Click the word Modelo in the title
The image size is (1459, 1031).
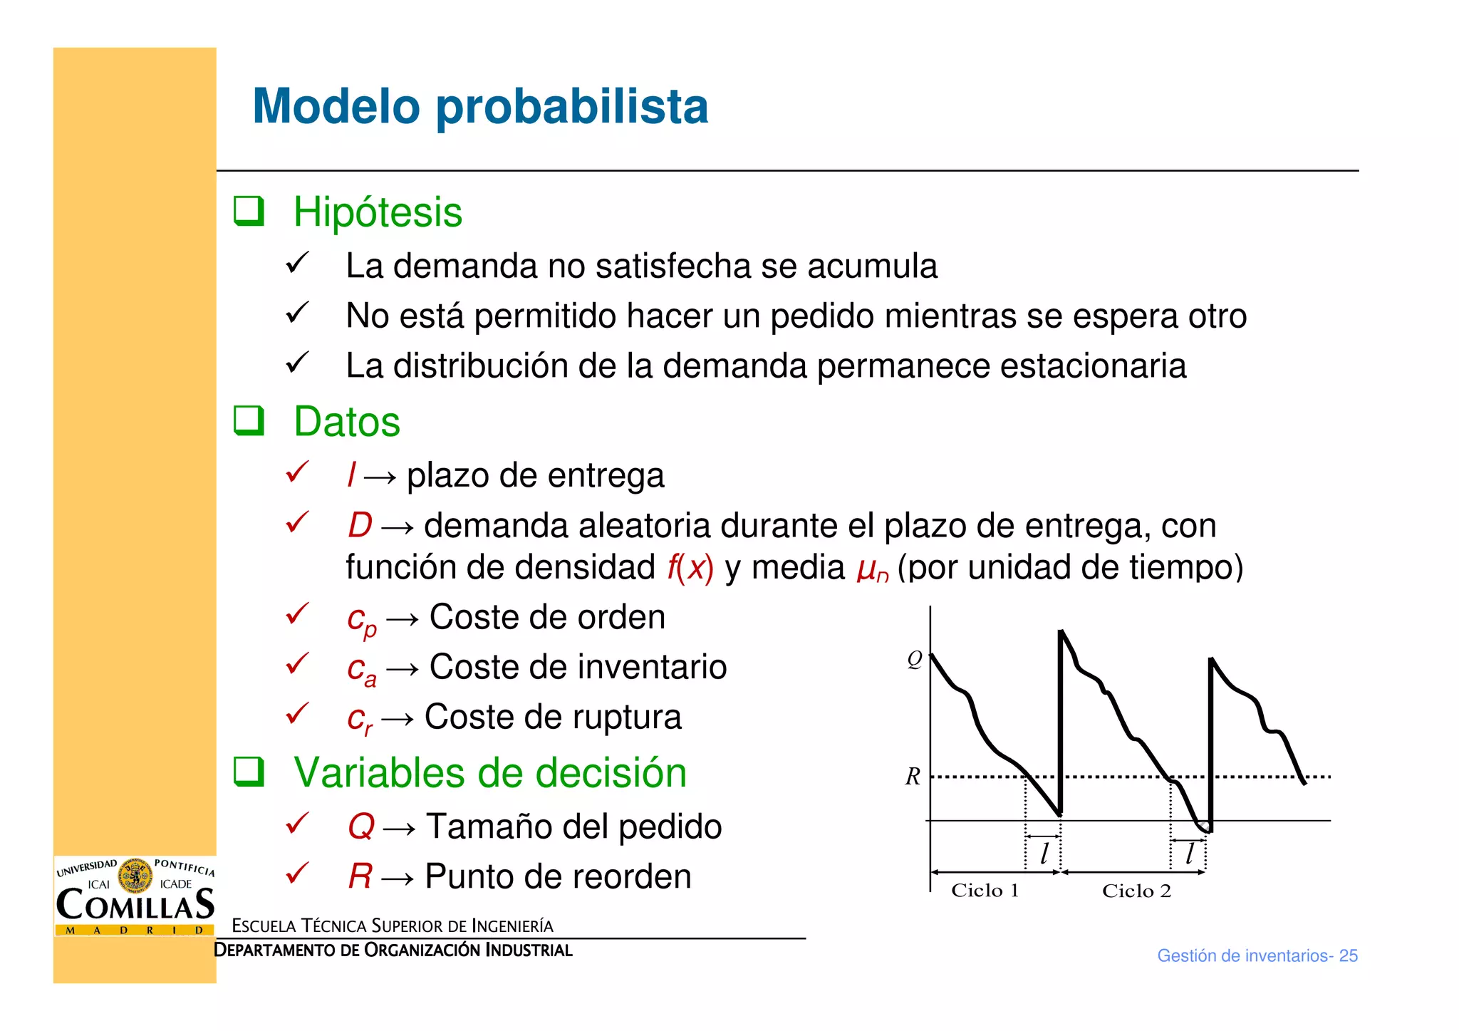pyautogui.click(x=336, y=107)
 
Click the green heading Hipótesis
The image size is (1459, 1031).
pyautogui.click(x=378, y=212)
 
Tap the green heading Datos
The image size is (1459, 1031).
pyautogui.click(x=347, y=421)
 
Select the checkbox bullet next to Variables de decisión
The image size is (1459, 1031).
pyautogui.click(x=249, y=772)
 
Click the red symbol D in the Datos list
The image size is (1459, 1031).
pyautogui.click(x=360, y=526)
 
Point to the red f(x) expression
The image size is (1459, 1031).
pyautogui.click(x=690, y=568)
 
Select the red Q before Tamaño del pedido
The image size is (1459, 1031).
pyautogui.click(x=360, y=827)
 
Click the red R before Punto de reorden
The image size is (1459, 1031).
pyautogui.click(x=360, y=876)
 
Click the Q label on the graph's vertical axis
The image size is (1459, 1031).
pyautogui.click(x=914, y=659)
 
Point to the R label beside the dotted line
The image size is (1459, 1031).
pyautogui.click(x=913, y=776)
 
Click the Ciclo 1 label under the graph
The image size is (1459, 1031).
pyautogui.click(x=985, y=891)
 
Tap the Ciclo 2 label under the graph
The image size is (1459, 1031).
pyautogui.click(x=1136, y=891)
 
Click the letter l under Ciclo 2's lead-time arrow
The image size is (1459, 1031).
pyautogui.click(x=1188, y=853)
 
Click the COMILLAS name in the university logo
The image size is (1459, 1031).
pyautogui.click(x=135, y=905)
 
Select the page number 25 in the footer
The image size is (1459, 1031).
pyautogui.click(x=1348, y=956)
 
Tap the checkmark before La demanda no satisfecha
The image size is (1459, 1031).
pyautogui.click(x=296, y=263)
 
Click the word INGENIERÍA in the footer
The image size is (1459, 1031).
pyautogui.click(x=512, y=926)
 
